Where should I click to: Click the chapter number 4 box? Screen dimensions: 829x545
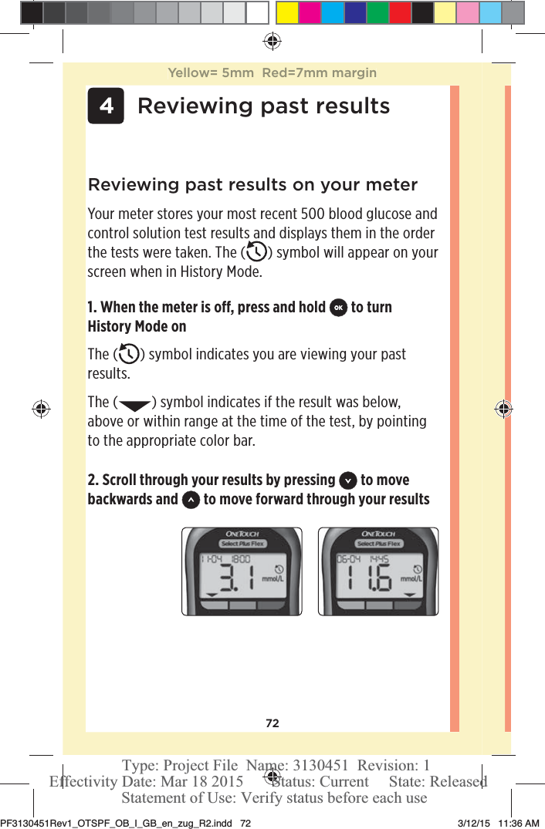coord(106,106)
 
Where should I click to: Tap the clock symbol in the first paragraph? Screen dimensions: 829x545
coord(255,253)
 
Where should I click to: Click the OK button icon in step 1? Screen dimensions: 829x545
coord(337,308)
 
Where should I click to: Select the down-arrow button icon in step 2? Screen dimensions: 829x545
coord(347,480)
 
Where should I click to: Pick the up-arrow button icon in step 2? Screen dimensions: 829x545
coord(191,500)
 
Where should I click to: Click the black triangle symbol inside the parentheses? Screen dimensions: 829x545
coord(132,403)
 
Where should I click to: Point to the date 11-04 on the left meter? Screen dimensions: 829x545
coord(212,559)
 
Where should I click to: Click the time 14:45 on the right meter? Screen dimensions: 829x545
coord(378,559)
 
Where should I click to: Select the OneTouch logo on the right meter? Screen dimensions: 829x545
coord(377,534)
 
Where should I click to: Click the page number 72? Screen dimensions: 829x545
coord(272,723)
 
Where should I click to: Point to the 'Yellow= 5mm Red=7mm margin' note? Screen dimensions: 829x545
coord(272,73)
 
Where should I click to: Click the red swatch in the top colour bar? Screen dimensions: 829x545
coord(400,12)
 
